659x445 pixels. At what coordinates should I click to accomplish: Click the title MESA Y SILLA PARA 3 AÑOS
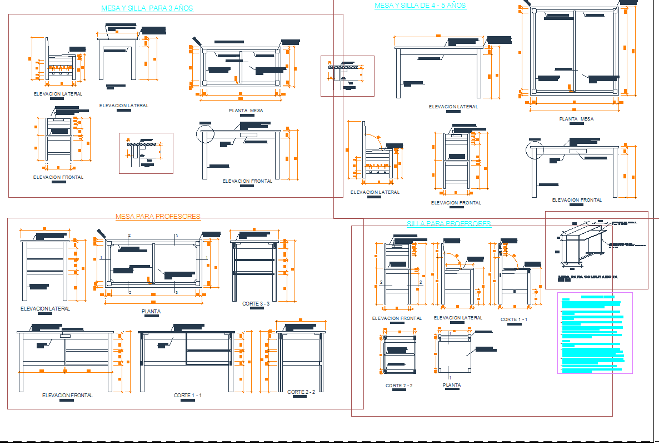coord(147,8)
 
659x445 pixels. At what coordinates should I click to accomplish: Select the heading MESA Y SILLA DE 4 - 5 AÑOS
coord(420,6)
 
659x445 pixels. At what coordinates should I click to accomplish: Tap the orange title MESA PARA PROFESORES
coord(158,216)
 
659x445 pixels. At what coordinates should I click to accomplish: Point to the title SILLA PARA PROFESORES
coord(449,223)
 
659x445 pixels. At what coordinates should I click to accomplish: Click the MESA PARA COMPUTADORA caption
coord(587,277)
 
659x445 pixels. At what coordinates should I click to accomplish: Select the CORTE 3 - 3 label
coord(256,304)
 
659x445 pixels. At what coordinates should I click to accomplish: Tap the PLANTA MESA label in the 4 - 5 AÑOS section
coord(576,119)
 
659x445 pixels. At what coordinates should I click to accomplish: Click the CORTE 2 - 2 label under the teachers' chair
coord(399,386)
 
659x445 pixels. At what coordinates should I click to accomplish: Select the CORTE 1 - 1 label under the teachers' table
coord(187,395)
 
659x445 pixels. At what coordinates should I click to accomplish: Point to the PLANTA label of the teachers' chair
coord(451,385)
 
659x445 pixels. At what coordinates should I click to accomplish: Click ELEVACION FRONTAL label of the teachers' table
coord(67,395)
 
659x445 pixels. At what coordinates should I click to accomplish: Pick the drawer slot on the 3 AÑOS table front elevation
coord(248,134)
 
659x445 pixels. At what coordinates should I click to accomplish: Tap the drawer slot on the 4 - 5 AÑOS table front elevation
coord(578,151)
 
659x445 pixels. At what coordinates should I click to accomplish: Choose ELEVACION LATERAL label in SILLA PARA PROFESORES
coord(458,318)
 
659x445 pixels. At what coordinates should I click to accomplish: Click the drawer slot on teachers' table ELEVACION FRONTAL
coord(66,336)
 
